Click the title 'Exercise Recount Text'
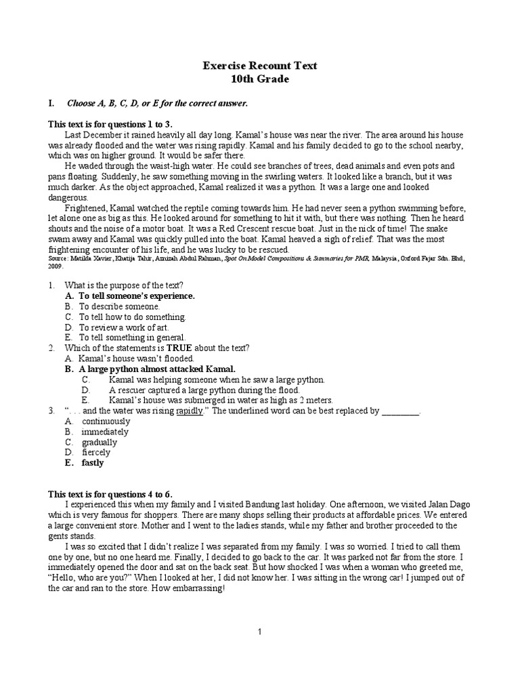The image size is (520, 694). tap(260, 66)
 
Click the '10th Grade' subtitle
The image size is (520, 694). tap(260, 79)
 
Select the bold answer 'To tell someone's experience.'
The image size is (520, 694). tap(137, 296)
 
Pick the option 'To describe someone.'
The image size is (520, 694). tap(121, 306)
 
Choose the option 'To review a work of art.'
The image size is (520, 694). tap(124, 327)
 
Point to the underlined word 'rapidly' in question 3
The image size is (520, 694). tap(190, 411)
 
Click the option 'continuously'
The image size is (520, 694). tap(106, 421)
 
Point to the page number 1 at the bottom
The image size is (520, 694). tap(259, 632)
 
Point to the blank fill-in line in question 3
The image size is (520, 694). tap(401, 411)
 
